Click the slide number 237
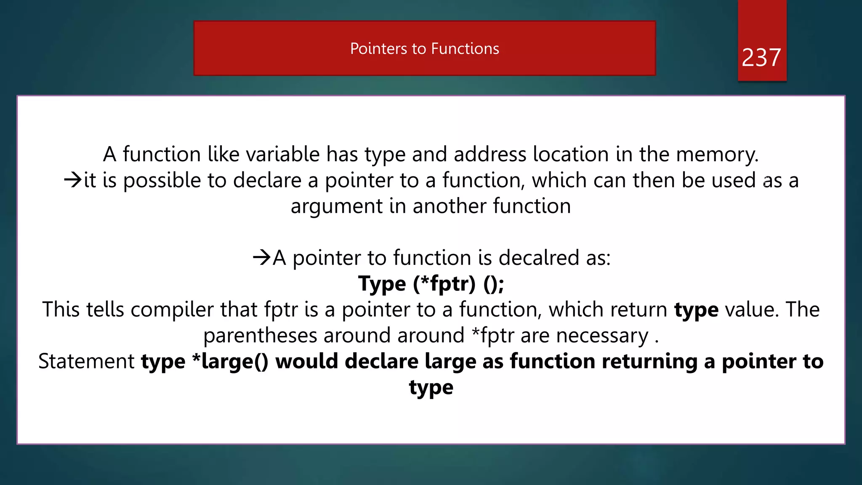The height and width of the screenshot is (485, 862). coord(761,57)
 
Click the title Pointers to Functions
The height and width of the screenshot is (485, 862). coord(424,49)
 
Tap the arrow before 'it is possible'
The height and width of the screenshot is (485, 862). coord(73,180)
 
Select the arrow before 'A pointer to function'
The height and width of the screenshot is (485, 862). coord(261,257)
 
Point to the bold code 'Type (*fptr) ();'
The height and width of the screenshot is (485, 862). coord(431,283)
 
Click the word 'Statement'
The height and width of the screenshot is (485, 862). coord(86,362)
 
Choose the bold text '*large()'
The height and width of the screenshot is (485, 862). coord(230,362)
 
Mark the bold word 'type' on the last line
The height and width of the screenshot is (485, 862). coord(431,388)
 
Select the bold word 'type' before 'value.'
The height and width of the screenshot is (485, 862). coord(696,310)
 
